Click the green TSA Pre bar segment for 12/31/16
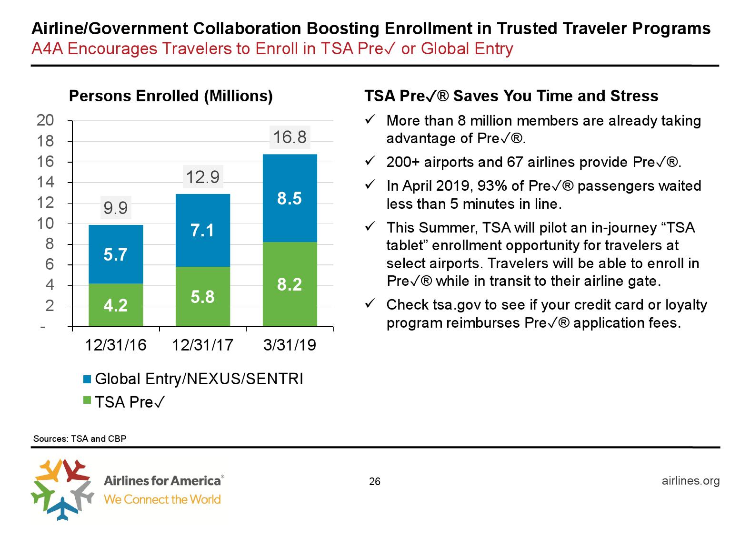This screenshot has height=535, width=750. tap(116, 305)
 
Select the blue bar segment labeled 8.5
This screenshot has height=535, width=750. tap(290, 198)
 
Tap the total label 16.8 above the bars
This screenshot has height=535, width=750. tap(290, 137)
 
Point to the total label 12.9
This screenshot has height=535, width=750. tap(203, 177)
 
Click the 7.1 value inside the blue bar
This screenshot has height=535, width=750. tap(203, 231)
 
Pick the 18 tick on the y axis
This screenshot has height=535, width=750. tap(46, 141)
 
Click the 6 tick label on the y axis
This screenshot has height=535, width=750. tap(50, 265)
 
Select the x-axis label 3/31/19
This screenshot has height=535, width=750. tap(290, 345)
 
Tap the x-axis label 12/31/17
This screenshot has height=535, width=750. tap(203, 345)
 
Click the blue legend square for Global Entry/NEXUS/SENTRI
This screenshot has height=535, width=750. tap(87, 379)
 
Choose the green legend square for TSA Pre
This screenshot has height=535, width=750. tap(87, 401)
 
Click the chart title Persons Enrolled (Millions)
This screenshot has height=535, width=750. tap(171, 96)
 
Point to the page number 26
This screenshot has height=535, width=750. tap(375, 482)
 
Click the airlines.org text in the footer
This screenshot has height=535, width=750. tap(690, 480)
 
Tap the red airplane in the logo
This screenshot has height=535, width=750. tap(76, 470)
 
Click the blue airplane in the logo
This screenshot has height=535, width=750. tap(61, 508)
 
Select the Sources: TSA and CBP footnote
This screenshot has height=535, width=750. tap(80, 438)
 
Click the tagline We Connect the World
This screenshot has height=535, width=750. tap(162, 499)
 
